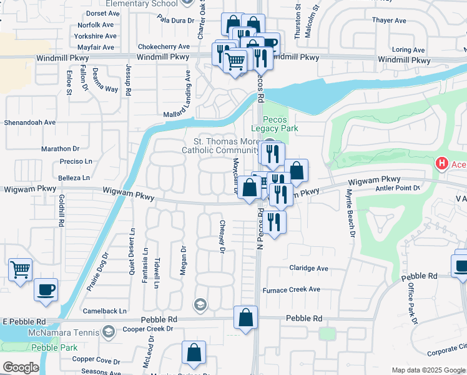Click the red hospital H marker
point(442,164)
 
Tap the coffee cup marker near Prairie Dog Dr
point(46,290)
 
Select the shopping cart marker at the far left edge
point(21,271)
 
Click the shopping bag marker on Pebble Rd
point(246,317)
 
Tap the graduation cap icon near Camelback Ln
point(200,304)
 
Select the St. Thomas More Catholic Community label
point(220,146)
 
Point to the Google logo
point(21,367)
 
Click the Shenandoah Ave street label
point(31,122)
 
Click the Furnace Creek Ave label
point(291,289)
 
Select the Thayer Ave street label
point(389,21)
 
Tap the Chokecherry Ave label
point(163,46)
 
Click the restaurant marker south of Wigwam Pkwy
point(275,222)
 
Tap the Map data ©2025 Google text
point(428,370)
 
